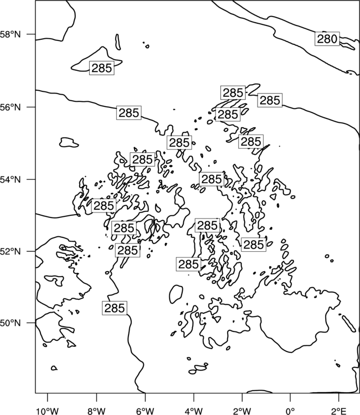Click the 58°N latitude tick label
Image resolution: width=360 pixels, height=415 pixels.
(11, 34)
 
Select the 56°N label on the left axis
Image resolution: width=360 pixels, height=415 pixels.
(11, 107)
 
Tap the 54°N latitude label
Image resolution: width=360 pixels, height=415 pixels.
(11, 179)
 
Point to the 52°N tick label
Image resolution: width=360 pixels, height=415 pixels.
(11, 251)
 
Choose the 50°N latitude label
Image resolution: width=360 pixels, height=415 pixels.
(11, 323)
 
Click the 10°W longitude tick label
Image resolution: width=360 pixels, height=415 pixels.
(48, 411)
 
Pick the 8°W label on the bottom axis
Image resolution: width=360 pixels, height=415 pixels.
(96, 411)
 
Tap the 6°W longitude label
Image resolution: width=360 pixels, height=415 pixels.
(145, 411)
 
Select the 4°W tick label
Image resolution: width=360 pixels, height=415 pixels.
(194, 411)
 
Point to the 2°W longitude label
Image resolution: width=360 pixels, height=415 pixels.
(242, 411)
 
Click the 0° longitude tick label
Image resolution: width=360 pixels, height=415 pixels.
(290, 411)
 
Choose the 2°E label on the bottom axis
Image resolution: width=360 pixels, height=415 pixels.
(339, 411)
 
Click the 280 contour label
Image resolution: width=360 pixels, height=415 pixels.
(327, 39)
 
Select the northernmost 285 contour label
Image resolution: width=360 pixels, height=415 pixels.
(102, 68)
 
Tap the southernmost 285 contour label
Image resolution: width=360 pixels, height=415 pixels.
(115, 308)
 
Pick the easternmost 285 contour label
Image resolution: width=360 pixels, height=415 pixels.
(270, 100)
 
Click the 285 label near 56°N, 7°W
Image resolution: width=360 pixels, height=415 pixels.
(128, 113)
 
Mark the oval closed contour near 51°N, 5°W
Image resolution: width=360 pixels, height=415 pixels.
(176, 294)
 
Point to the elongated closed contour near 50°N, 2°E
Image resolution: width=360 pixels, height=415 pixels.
(349, 324)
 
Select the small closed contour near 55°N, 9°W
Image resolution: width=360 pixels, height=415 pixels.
(69, 142)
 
